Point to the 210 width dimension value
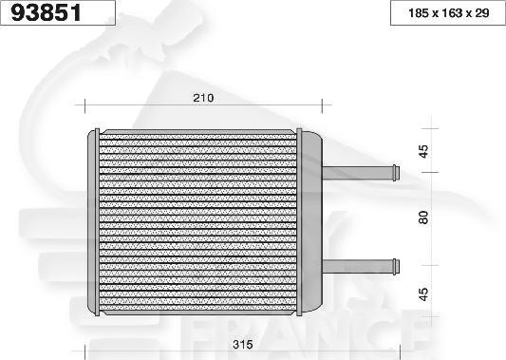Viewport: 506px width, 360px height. pyautogui.click(x=203, y=98)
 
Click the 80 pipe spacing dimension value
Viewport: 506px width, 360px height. pyautogui.click(x=424, y=217)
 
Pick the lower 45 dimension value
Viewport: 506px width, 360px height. pyautogui.click(x=424, y=294)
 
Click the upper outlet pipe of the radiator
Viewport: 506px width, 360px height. pyautogui.click(x=356, y=172)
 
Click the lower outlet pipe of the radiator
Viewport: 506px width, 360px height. pyautogui.click(x=356, y=263)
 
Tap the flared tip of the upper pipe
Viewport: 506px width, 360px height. pyautogui.click(x=394, y=172)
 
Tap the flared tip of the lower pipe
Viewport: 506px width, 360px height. pyautogui.click(x=394, y=263)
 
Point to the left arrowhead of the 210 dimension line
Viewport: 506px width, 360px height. pyautogui.click(x=85, y=105)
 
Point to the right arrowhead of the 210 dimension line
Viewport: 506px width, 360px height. pyautogui.click(x=322, y=105)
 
